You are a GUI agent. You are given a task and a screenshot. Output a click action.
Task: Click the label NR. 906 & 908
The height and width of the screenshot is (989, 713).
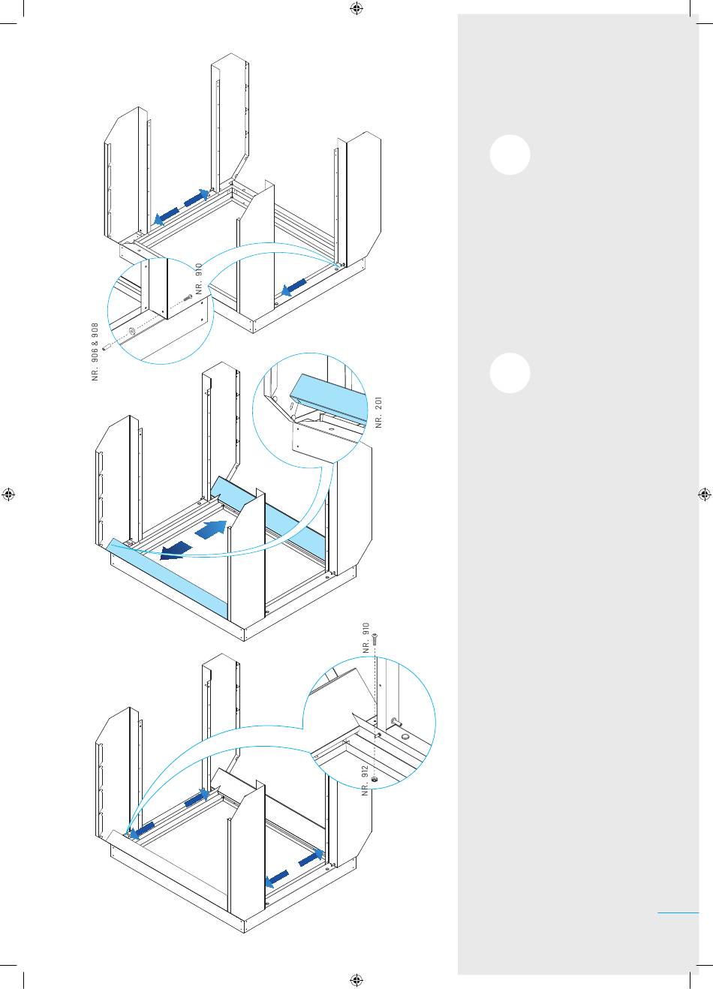coord(95,351)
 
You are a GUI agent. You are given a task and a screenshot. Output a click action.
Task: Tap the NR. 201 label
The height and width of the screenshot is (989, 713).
coord(378,412)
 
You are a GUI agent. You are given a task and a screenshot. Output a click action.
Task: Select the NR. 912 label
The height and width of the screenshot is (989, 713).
coord(365,780)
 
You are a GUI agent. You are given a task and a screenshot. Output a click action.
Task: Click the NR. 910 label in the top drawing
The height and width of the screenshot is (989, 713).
coord(199,279)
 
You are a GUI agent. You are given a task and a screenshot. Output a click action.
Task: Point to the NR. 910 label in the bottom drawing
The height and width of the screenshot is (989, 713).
coord(366,638)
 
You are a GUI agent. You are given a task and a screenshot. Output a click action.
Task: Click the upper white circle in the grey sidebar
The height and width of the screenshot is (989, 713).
coord(510,155)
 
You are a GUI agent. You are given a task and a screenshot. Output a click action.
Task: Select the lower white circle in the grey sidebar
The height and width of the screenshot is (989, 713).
coord(510,373)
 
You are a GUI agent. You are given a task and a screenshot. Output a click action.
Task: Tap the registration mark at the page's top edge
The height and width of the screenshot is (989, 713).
coord(356,8)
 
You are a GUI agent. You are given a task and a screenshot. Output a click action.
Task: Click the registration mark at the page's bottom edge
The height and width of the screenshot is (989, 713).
coord(356,980)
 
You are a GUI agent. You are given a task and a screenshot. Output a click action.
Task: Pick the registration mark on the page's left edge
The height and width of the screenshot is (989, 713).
coord(8,494)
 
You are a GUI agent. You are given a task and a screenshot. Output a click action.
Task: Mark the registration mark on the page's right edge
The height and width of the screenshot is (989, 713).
coord(705,494)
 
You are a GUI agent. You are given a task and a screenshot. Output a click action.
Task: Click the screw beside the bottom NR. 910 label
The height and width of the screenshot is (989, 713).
coord(375,639)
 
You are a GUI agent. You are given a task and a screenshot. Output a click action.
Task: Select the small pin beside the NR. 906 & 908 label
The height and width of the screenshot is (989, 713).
coord(107,347)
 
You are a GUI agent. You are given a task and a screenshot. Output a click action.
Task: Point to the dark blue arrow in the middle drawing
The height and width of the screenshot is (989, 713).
coord(176,552)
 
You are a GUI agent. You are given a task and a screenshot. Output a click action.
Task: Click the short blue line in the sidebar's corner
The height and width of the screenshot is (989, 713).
coord(678,912)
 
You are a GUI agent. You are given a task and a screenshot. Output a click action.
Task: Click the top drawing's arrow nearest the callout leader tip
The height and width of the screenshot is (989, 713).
coord(294,287)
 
